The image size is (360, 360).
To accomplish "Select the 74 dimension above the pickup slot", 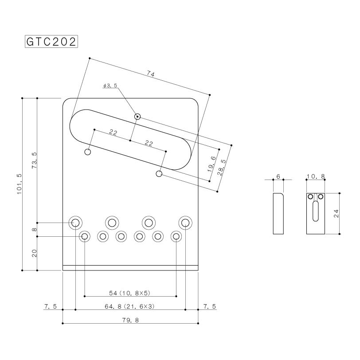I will click(150, 75).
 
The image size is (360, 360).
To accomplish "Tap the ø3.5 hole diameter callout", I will click(110, 86).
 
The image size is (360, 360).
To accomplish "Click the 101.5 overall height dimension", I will click(19, 182).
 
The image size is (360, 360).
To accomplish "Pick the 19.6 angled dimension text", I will click(212, 164).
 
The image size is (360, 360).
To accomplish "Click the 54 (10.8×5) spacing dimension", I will click(130, 293).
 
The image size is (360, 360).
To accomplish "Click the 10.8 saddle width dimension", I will click(316, 176).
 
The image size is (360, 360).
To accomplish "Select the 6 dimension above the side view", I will click(278, 176).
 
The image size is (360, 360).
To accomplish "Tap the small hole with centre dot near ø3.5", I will click(138, 117).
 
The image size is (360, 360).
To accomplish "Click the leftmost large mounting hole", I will click(75, 222).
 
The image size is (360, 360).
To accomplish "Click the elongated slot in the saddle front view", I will click(316, 211).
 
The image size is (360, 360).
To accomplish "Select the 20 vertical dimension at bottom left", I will click(35, 253).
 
